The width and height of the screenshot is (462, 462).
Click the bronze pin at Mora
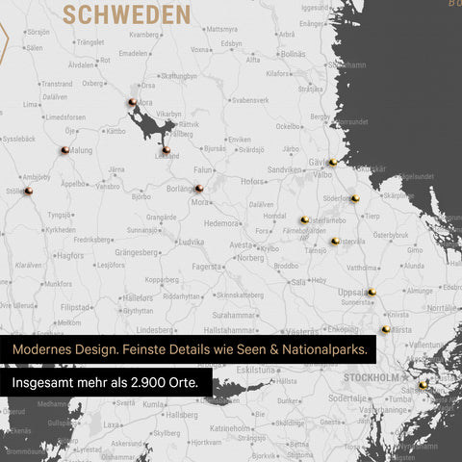131,102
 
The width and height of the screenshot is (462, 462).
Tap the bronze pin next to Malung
64,149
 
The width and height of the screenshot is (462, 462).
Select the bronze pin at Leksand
166,149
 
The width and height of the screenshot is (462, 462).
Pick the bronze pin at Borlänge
198,189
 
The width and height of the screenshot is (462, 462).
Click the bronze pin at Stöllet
29,191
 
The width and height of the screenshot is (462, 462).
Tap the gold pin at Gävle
332,163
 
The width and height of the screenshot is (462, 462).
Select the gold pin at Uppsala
372,292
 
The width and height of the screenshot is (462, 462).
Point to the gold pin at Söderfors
354,198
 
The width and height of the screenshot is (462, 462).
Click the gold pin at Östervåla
335,241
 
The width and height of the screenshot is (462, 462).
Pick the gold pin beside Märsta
386,329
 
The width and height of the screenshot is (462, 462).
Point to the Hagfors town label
70,256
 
